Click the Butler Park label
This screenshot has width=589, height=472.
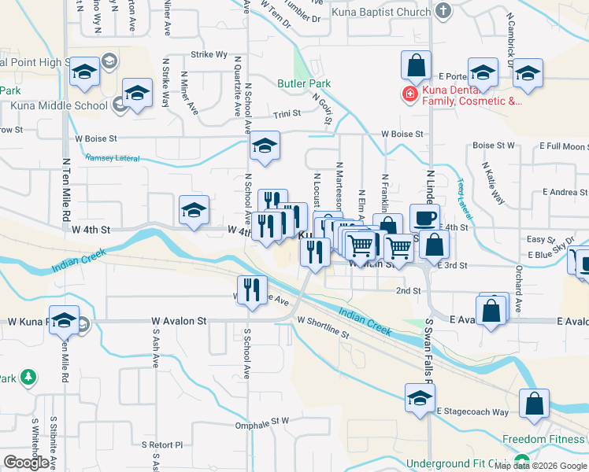[304, 83]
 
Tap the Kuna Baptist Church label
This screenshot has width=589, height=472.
[381, 12]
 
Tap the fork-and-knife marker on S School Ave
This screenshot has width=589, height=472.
[252, 289]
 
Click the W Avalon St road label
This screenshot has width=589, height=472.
[180, 321]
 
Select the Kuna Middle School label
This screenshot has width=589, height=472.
[58, 105]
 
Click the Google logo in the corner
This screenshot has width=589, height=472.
[27, 463]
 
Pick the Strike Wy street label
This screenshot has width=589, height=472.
[209, 55]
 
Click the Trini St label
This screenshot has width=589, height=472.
[287, 113]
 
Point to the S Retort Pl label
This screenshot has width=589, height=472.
[161, 444]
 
